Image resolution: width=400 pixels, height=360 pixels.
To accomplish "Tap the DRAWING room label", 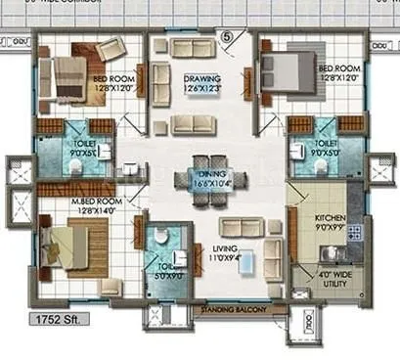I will click(200, 79).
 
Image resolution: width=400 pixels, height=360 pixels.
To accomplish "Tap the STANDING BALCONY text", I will click(232, 310).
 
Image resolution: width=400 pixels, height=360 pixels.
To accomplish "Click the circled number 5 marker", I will click(228, 38).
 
